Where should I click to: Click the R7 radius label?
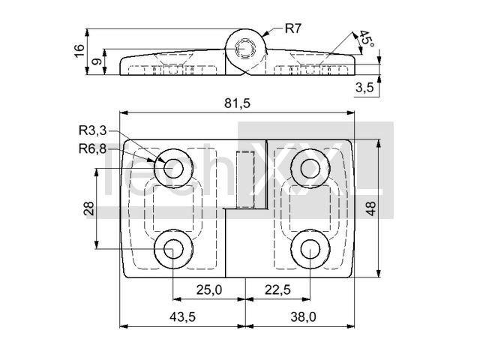click(x=293, y=29)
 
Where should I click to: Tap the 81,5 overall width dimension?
click(x=238, y=103)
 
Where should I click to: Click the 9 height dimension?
click(x=96, y=62)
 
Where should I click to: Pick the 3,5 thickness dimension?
click(x=364, y=88)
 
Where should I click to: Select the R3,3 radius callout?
click(x=91, y=130)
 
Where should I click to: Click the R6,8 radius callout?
click(x=91, y=148)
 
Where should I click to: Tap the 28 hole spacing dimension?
click(x=89, y=208)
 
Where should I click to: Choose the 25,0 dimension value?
click(x=208, y=290)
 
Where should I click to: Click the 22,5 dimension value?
click(x=277, y=290)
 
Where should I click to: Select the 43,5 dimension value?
click(x=182, y=317)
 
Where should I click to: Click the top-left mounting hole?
click(x=173, y=167)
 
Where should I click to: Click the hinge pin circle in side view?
click(x=245, y=49)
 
